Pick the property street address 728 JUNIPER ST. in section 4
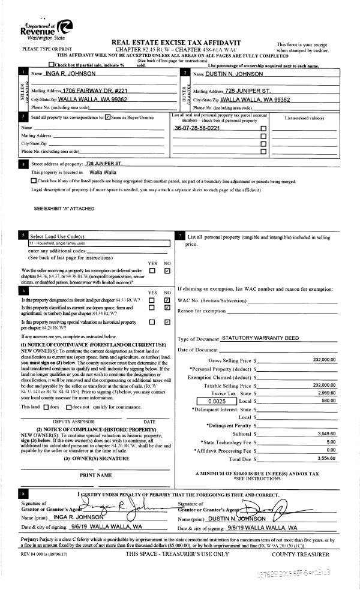point(104,163)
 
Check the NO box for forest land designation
point(167,299)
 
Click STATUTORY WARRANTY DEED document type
point(260,338)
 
